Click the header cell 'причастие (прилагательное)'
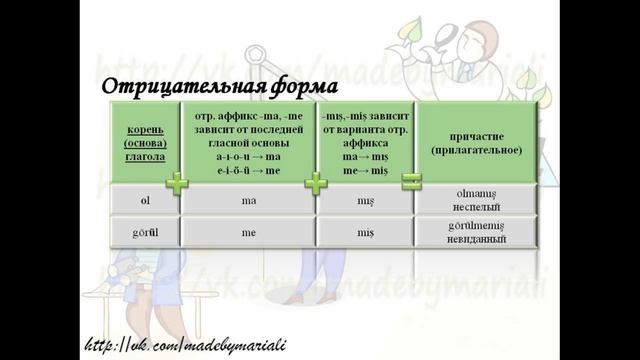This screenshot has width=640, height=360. (477, 143)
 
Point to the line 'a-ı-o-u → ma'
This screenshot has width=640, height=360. (248, 158)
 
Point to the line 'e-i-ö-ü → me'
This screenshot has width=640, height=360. (248, 171)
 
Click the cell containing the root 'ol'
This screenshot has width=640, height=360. (144, 200)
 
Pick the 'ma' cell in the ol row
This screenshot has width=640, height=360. (248, 200)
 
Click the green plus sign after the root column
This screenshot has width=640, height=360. (177, 183)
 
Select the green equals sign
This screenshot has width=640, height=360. (411, 182)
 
